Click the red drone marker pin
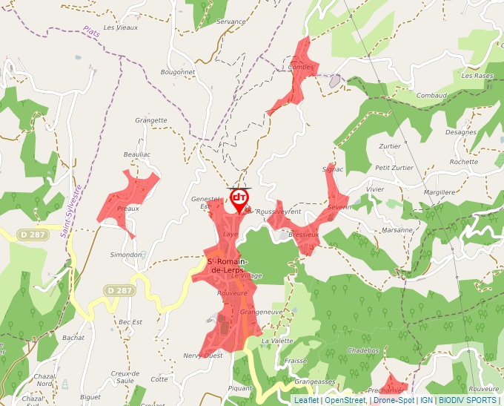click(x=239, y=199)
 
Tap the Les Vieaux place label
click(x=120, y=27)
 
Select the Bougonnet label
click(x=177, y=72)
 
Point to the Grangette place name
click(x=151, y=120)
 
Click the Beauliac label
click(x=137, y=154)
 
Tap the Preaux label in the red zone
click(x=128, y=209)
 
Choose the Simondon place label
click(x=126, y=255)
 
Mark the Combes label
click(x=301, y=67)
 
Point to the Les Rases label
click(x=477, y=76)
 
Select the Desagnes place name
click(x=461, y=132)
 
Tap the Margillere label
click(x=439, y=192)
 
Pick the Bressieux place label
click(x=303, y=234)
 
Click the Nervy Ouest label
click(x=202, y=356)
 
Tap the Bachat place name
click(x=73, y=337)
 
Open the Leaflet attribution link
click(x=306, y=400)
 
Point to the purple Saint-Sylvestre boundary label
click(x=72, y=211)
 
